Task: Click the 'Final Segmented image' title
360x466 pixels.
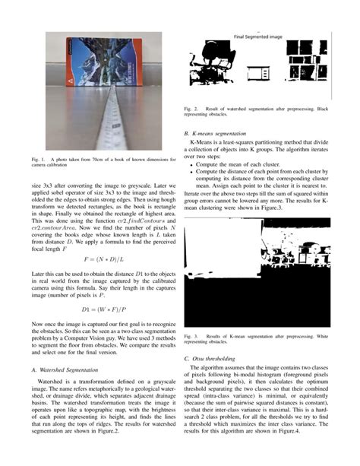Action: click(x=260, y=36)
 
